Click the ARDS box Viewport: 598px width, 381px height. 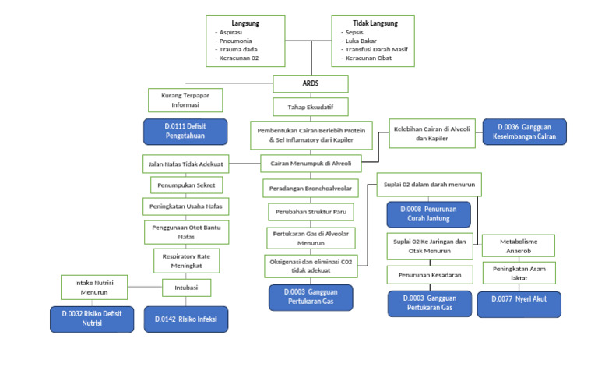pyautogui.click(x=311, y=83)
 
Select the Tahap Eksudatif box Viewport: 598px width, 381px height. pyautogui.click(x=310, y=107)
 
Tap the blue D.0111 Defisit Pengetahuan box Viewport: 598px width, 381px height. pyautogui.click(x=185, y=131)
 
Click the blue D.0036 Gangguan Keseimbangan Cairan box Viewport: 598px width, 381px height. pyautogui.click(x=525, y=132)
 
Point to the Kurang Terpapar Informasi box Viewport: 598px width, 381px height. pyautogui.click(x=185, y=100)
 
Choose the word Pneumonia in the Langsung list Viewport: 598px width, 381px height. pyautogui.click(x=237, y=41)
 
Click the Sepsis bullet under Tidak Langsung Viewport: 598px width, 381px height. pyautogui.click(x=355, y=33)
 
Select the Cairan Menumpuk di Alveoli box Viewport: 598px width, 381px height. pyautogui.click(x=311, y=164)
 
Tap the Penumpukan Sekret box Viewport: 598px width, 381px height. pyautogui.click(x=187, y=185)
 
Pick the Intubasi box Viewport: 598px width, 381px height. pyautogui.click(x=186, y=288)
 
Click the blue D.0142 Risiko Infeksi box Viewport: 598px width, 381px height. pyautogui.click(x=186, y=319)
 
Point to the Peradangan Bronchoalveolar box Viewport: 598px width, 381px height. pyautogui.click(x=311, y=189)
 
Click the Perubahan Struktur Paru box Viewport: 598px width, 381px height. pyautogui.click(x=311, y=212)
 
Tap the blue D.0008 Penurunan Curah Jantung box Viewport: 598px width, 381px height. pyautogui.click(x=428, y=214)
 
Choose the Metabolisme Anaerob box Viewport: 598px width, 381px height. pyautogui.click(x=519, y=246)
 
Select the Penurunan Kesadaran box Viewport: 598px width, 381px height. pyautogui.click(x=429, y=275)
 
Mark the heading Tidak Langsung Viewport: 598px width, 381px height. pyautogui.click(x=372, y=23)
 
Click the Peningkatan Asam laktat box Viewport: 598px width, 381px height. pyautogui.click(x=519, y=273)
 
